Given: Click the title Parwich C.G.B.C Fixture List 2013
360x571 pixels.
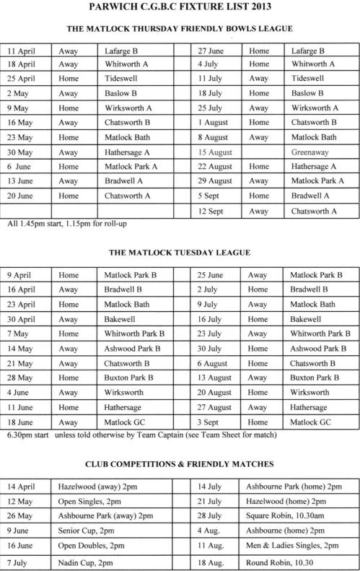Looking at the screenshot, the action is [180, 9].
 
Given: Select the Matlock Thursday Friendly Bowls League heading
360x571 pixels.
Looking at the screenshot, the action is [180, 29].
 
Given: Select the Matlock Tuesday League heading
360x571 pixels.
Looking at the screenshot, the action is [180, 253].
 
